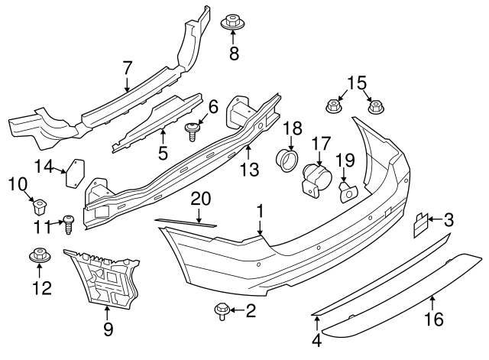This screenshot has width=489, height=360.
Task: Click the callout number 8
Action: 235,54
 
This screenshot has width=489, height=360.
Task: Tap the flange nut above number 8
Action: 234,23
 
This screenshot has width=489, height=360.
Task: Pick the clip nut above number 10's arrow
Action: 39,205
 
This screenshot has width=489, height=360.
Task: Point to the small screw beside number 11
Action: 68,225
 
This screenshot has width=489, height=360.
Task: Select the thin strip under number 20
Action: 185,222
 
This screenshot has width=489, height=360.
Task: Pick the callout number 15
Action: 352,82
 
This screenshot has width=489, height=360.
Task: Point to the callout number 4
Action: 317,341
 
